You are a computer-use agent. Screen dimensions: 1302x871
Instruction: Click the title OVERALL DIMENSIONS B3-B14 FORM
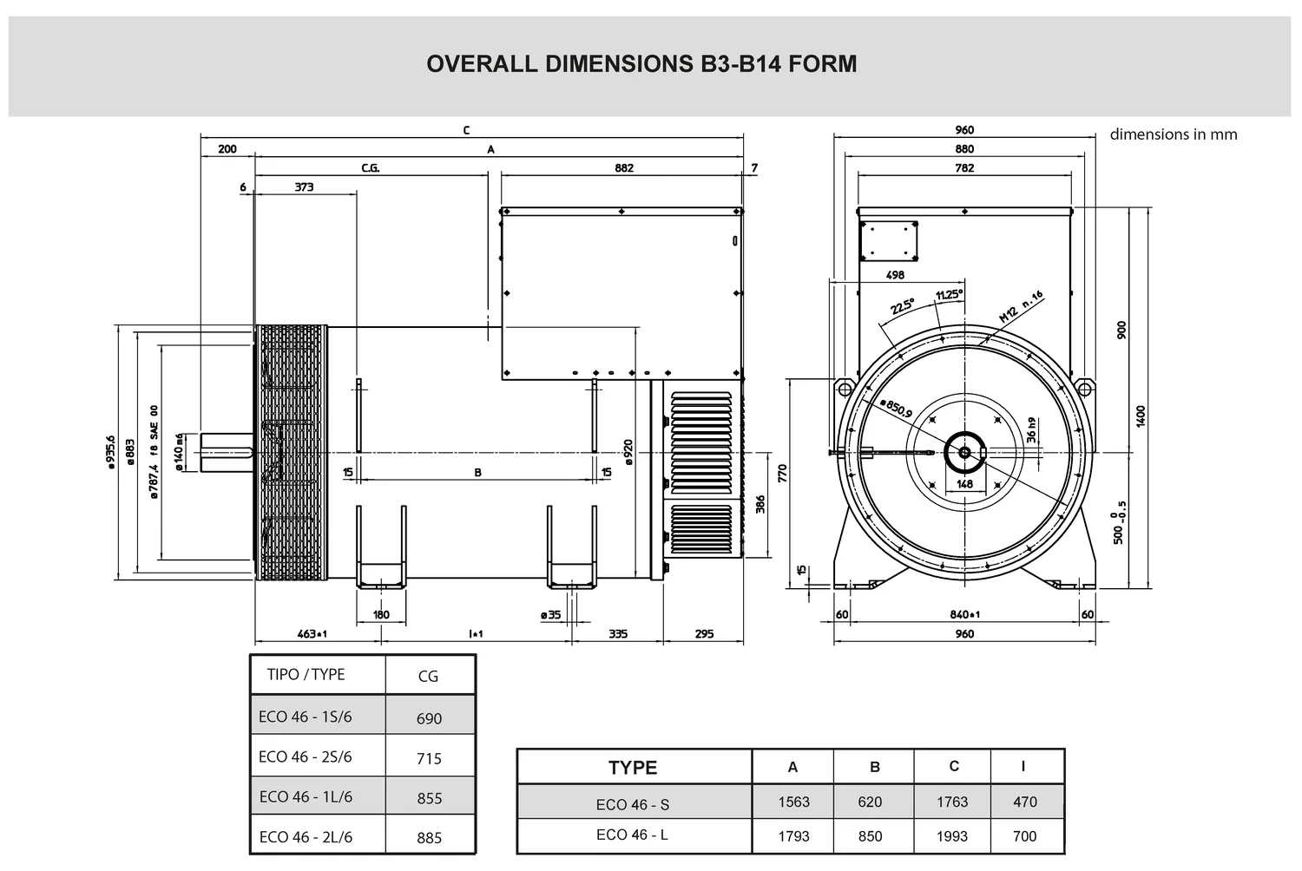click(641, 64)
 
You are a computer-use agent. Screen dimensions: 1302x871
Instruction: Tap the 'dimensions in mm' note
click(1173, 134)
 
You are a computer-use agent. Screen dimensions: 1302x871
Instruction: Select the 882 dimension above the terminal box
click(624, 168)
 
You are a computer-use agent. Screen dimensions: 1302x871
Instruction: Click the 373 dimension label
click(304, 187)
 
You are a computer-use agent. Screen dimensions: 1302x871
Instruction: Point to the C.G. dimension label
click(371, 168)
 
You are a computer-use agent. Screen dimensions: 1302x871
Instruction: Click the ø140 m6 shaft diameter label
click(180, 451)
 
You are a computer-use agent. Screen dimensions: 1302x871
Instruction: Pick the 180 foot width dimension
click(381, 615)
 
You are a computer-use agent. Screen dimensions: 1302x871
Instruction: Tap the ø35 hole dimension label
click(550, 615)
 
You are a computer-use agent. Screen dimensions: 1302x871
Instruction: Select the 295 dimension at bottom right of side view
click(705, 634)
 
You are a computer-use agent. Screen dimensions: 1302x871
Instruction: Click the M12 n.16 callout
click(1022, 307)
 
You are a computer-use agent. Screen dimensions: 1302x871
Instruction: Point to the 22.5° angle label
click(903, 305)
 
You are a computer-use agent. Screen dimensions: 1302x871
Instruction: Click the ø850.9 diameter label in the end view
click(897, 408)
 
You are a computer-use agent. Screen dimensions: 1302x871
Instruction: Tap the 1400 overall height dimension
click(1141, 416)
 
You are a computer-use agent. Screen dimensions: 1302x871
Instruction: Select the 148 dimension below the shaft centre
click(965, 484)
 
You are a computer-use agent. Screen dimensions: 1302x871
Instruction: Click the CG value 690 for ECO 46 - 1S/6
click(430, 719)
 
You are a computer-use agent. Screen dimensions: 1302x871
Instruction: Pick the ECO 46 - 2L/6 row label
click(306, 836)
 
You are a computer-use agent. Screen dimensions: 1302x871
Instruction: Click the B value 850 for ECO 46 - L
click(870, 836)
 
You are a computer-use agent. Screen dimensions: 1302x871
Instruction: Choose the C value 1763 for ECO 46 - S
click(952, 802)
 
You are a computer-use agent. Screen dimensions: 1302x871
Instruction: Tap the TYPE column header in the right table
click(633, 768)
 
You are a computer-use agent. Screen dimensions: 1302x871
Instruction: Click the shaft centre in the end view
click(965, 452)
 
